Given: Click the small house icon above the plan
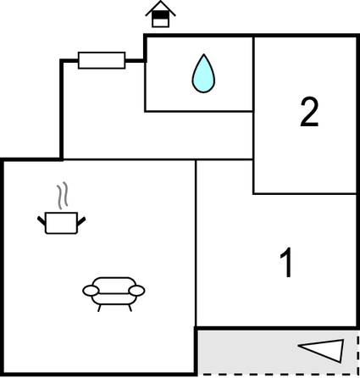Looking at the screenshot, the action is (x=160, y=14).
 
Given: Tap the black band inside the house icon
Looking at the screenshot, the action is (x=160, y=14).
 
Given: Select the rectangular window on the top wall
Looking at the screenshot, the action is (x=102, y=60).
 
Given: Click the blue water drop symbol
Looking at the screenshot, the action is (x=203, y=74).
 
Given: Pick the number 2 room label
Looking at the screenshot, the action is (x=309, y=112).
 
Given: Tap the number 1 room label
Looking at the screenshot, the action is (x=286, y=263).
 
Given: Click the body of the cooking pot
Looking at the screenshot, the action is (x=61, y=223).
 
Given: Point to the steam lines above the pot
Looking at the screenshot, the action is (x=63, y=196).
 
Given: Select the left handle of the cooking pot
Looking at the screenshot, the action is (x=42, y=220).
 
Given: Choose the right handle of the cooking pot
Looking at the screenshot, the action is (x=81, y=221).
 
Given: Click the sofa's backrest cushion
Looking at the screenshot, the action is (x=114, y=285).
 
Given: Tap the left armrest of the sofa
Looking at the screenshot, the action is (x=91, y=291).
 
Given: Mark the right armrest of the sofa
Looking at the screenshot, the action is (x=136, y=291).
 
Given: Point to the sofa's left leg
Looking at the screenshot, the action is (x=99, y=308).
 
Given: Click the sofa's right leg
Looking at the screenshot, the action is (x=130, y=308).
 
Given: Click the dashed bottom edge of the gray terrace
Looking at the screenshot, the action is (x=278, y=374).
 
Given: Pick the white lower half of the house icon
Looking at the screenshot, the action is (x=160, y=22).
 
